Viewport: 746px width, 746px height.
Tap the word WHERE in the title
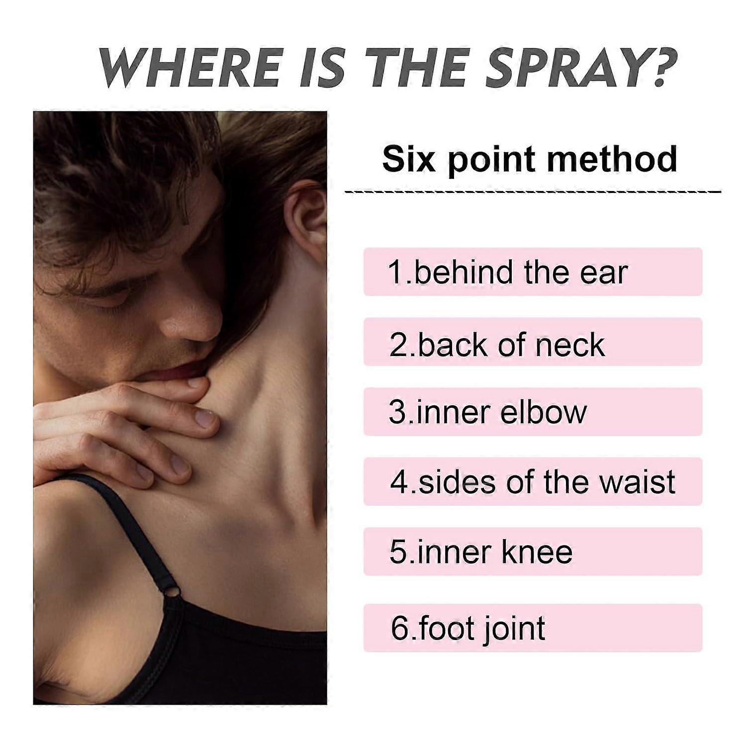189,67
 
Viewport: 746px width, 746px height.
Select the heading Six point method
530,159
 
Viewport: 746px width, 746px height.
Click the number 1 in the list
396,273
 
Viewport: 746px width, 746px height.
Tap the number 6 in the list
399,628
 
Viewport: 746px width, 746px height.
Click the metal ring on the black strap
172,592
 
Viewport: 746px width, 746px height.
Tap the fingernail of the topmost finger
197,382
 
